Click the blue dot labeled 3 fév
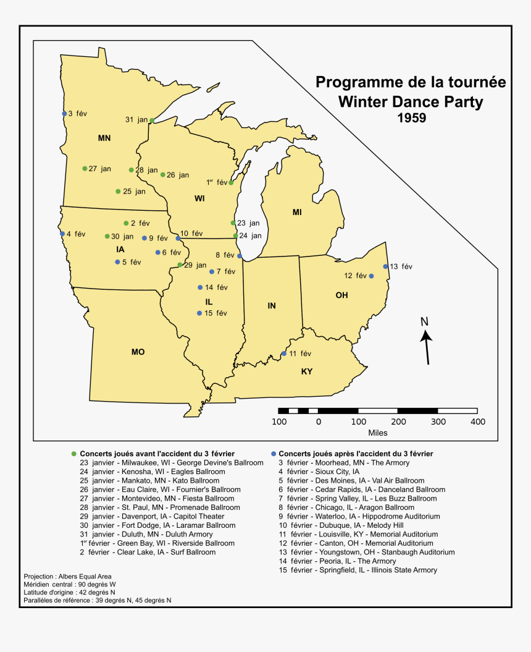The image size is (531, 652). (x=64, y=113)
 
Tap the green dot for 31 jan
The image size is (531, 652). (x=152, y=121)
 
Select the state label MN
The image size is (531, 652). (x=104, y=138)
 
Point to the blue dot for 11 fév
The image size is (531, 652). (x=284, y=354)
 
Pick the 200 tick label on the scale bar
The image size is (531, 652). (x=398, y=421)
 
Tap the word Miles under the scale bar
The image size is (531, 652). (x=377, y=433)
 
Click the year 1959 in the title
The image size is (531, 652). (x=411, y=117)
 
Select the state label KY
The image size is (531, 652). (x=307, y=371)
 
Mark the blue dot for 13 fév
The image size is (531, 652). (x=385, y=266)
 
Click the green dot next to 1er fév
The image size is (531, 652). (x=231, y=182)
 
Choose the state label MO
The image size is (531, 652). (x=138, y=352)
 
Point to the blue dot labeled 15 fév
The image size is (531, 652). (x=199, y=313)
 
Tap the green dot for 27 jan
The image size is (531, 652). (x=85, y=168)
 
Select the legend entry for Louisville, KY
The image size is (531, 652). (x=358, y=534)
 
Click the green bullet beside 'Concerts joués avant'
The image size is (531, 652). (x=74, y=454)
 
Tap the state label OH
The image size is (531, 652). (x=341, y=295)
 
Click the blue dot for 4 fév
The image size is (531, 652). (x=62, y=234)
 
